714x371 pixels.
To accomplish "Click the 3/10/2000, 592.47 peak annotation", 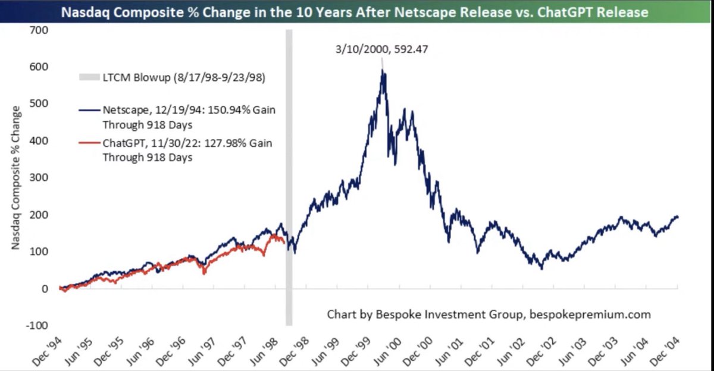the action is [x=381, y=49].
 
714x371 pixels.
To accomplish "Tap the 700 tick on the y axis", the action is [x=39, y=30].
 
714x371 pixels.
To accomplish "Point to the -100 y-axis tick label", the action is [x=37, y=325].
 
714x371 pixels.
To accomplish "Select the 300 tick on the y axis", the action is [x=39, y=177].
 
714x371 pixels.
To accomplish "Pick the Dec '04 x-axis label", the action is [x=665, y=351].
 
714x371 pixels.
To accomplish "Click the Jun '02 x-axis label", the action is [x=511, y=351].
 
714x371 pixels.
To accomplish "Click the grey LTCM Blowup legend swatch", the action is [x=89, y=77].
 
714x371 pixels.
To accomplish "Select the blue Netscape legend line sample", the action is [x=89, y=110].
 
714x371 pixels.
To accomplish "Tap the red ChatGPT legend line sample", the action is [x=89, y=143].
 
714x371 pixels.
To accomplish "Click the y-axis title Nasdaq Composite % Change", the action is [x=15, y=177].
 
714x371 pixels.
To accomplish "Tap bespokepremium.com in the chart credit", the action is [x=590, y=315].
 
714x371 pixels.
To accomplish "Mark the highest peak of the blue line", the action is [x=382, y=69].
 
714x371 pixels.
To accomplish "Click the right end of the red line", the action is [x=284, y=243].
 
